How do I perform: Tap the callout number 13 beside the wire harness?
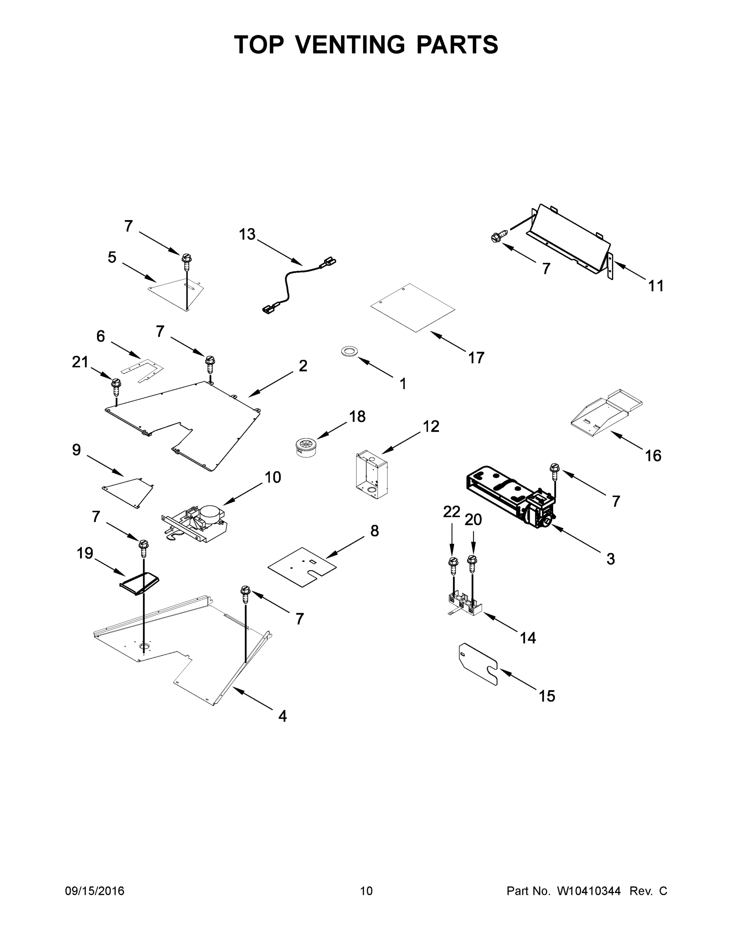point(247,235)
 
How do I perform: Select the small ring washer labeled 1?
point(349,351)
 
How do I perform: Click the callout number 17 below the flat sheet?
point(476,358)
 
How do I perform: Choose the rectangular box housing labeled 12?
point(372,475)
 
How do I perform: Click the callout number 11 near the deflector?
point(656,286)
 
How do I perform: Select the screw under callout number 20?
point(472,563)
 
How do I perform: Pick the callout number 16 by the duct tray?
point(653,455)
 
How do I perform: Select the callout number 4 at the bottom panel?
point(282,716)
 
